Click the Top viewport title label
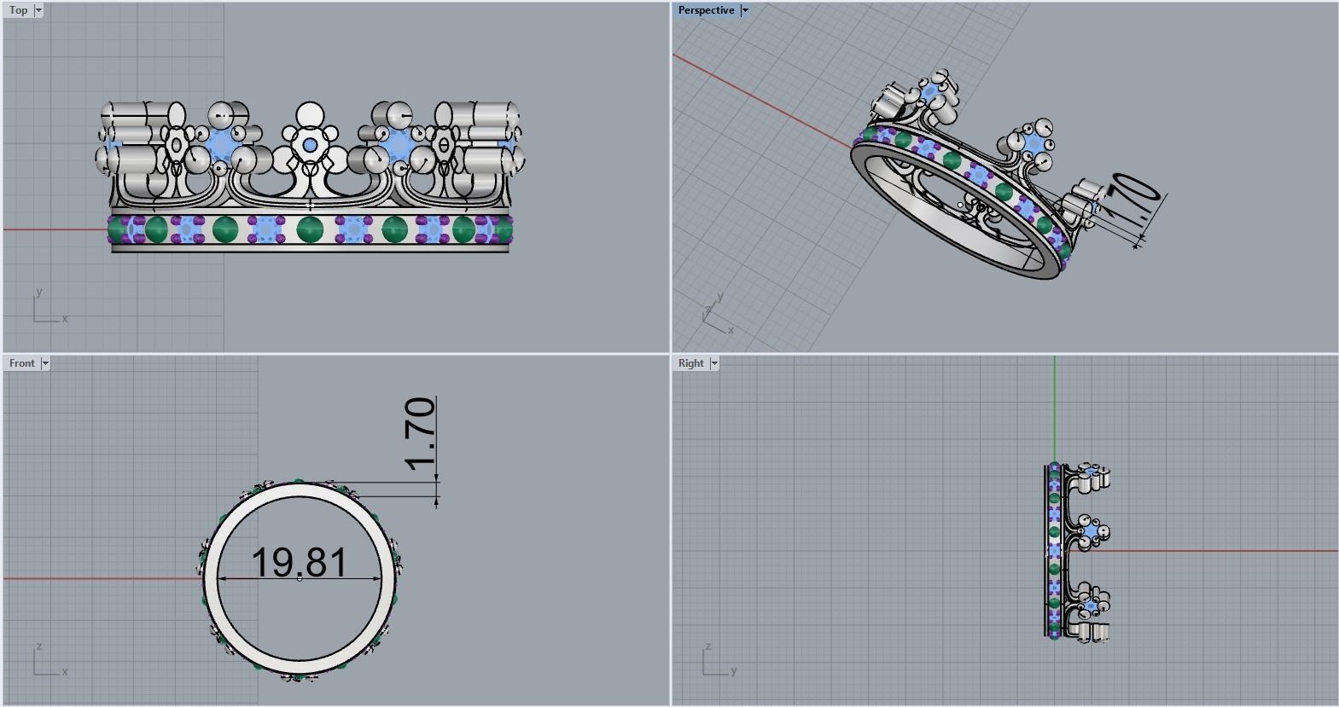(x=18, y=10)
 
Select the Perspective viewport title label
(x=706, y=10)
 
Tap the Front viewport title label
(x=22, y=363)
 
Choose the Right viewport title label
(x=690, y=363)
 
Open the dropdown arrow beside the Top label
(x=38, y=10)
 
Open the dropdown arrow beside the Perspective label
(x=744, y=10)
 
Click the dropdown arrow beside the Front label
(x=45, y=363)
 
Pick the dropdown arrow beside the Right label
(x=714, y=363)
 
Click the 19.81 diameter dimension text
(x=300, y=563)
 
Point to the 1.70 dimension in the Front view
(x=421, y=434)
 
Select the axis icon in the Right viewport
(x=717, y=662)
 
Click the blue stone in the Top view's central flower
(x=308, y=147)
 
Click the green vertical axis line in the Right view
(x=1054, y=409)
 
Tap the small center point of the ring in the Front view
(x=300, y=578)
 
